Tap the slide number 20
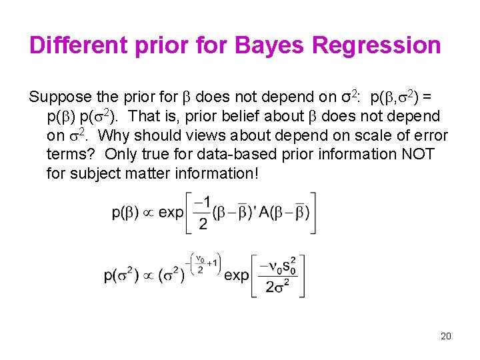pyautogui.click(x=446, y=336)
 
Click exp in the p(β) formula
pyautogui.click(x=171, y=213)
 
